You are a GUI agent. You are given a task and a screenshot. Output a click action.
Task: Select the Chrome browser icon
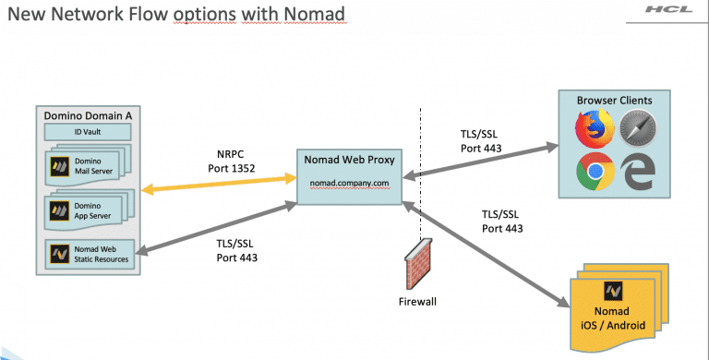(594, 172)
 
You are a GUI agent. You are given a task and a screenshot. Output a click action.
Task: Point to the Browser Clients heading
(614, 99)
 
